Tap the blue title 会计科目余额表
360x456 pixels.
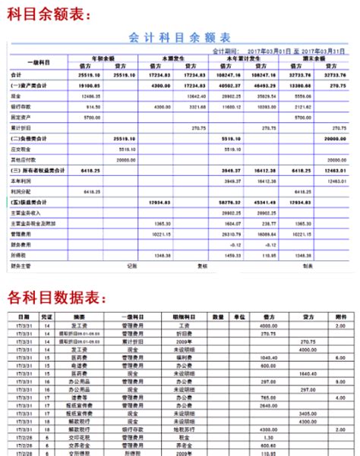[x=180, y=38]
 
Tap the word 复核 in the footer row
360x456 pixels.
[x=201, y=266]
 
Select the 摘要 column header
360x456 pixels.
[x=80, y=316]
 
